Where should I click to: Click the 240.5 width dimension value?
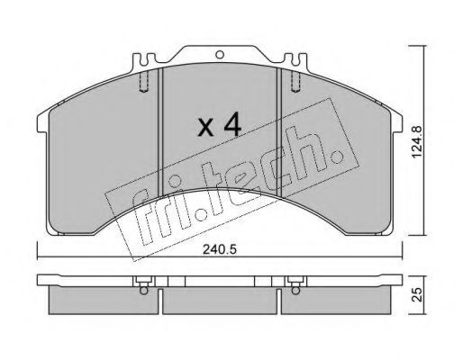(x=220, y=249)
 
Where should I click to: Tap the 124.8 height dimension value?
(x=417, y=141)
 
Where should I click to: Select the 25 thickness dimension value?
(x=417, y=294)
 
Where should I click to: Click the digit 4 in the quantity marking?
(x=232, y=124)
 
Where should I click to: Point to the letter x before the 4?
(x=205, y=127)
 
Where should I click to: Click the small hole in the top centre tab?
(x=220, y=55)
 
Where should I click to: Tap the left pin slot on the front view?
(x=144, y=82)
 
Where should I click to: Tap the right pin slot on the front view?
(x=295, y=82)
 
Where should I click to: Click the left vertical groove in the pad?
(x=160, y=132)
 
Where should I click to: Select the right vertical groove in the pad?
(x=279, y=132)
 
